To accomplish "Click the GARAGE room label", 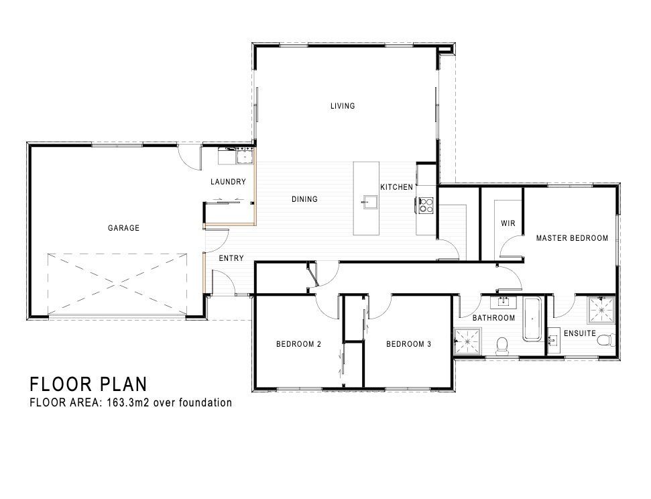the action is coord(124,227).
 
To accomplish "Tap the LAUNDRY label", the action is coord(228,182).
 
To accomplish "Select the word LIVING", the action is coord(343,106).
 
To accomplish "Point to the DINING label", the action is coord(304,199).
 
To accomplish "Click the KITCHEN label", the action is coord(396,187).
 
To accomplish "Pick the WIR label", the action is coord(508,223).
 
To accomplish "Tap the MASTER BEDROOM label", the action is coord(572,238).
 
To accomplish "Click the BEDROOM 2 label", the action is coord(298,344).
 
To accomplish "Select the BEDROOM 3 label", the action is coord(408,344).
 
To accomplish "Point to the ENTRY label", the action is coord(231,258).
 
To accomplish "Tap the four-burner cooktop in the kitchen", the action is coord(426,205).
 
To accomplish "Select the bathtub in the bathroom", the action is coord(532,319).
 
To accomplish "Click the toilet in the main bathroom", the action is coord(502,346).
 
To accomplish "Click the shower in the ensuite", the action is coord(601,310).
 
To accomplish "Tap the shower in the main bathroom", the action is coord(468,341).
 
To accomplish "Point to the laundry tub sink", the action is coord(245,157).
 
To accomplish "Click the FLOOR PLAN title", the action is coord(88,384).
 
